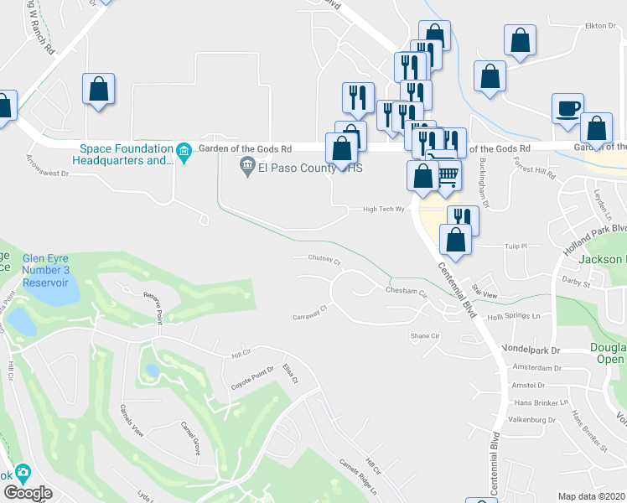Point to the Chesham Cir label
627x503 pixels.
click(407, 293)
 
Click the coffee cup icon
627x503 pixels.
click(567, 108)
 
